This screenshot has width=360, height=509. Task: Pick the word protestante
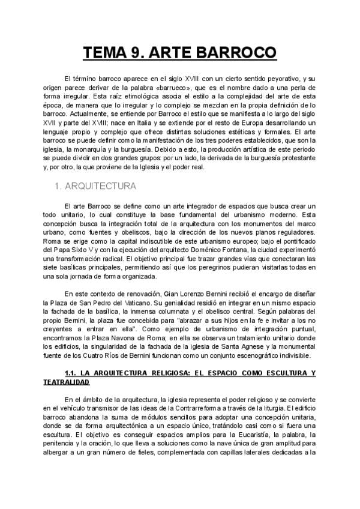click(292, 158)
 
